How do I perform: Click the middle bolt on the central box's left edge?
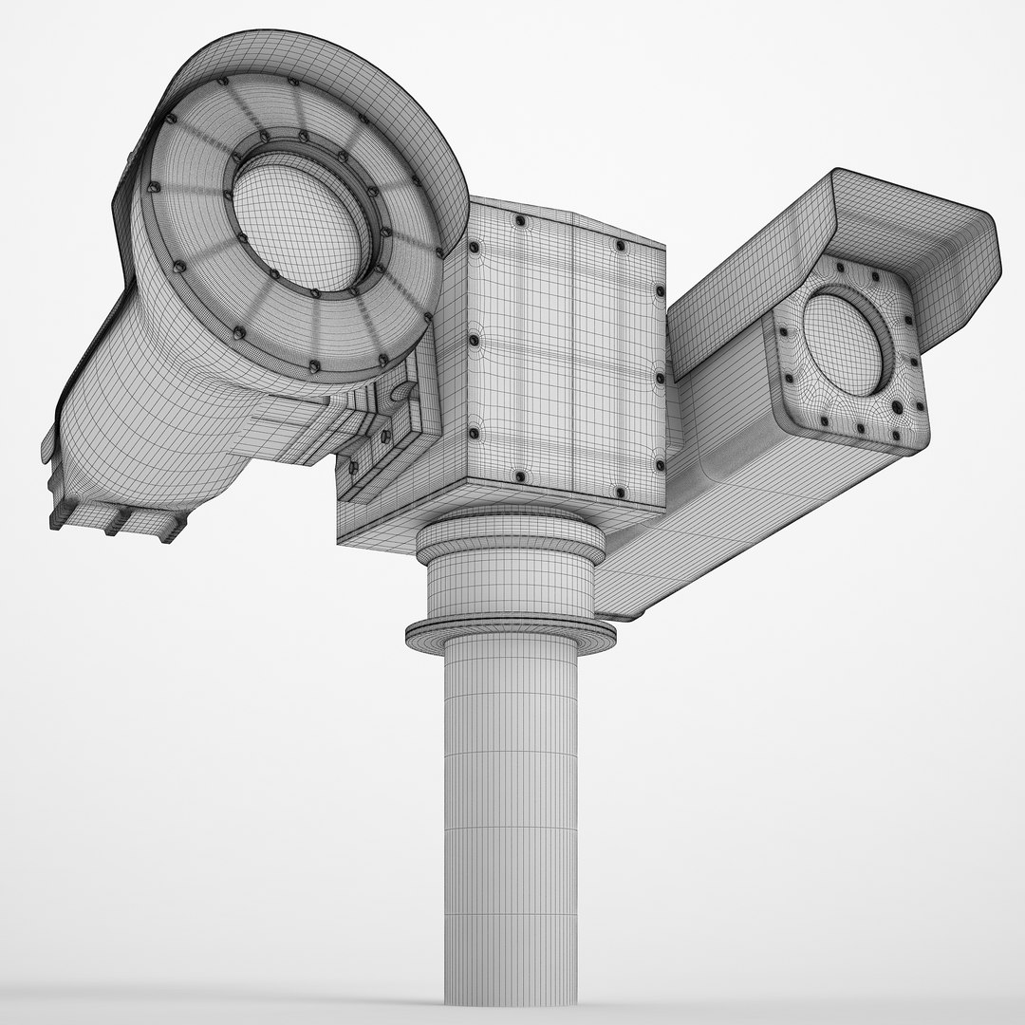point(472,339)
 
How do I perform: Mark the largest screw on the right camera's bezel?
point(896,408)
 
